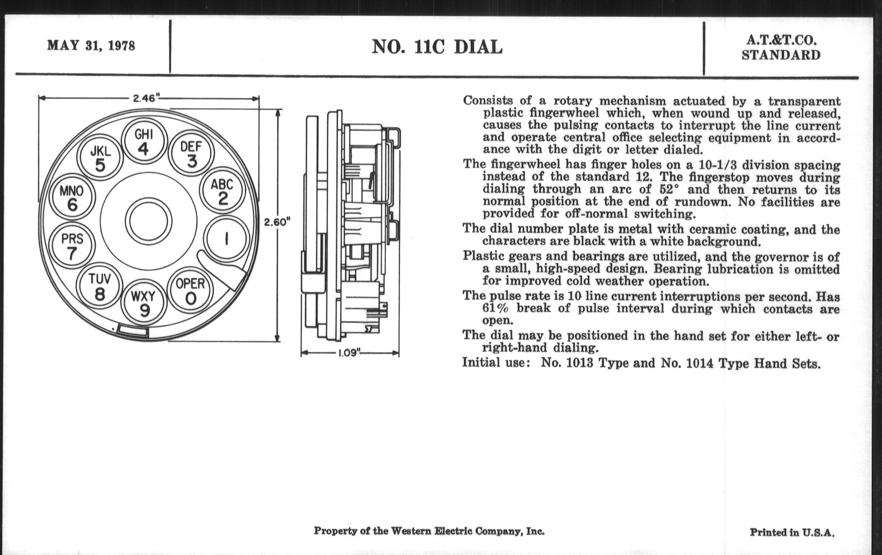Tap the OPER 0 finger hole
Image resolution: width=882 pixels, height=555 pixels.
tap(190, 292)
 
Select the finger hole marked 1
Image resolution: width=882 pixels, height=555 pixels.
tap(227, 239)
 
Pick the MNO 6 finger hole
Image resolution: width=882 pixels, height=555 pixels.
tap(72, 198)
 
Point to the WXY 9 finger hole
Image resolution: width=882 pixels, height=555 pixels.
tap(144, 303)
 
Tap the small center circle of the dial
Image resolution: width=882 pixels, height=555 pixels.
tap(148, 222)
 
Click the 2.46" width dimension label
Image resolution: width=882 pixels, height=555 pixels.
tap(146, 98)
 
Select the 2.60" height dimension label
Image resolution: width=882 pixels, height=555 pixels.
tap(277, 222)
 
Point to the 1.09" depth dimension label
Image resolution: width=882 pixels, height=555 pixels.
tap(349, 354)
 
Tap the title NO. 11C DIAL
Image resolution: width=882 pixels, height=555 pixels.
tap(437, 47)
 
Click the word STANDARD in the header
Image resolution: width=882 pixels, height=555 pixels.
tap(781, 55)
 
